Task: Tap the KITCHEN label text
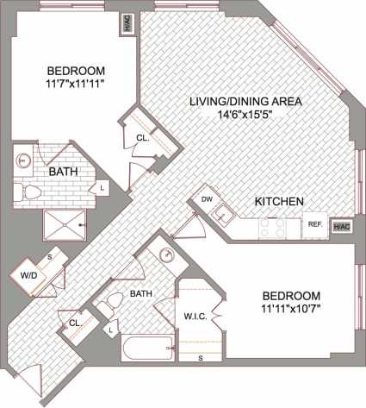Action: pyautogui.click(x=278, y=201)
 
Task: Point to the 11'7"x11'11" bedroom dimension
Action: pyautogui.click(x=76, y=84)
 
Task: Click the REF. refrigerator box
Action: pyautogui.click(x=315, y=224)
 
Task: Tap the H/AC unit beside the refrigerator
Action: pyautogui.click(x=342, y=226)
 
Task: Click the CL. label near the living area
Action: pyautogui.click(x=141, y=138)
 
